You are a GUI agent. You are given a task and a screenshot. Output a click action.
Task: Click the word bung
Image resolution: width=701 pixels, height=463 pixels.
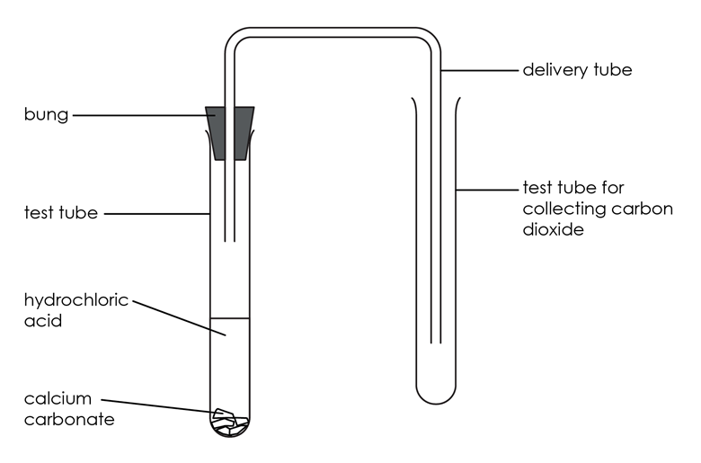tap(46, 115)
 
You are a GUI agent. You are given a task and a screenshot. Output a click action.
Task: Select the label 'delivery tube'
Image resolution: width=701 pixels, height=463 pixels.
tap(577, 70)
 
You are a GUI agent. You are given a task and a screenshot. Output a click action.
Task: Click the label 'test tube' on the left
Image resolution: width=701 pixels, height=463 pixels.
tap(61, 213)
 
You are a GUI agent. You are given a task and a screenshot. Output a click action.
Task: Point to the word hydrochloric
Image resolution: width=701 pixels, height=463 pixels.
tap(76, 300)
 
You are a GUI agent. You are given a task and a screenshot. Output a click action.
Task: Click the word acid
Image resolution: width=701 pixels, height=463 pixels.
tap(43, 321)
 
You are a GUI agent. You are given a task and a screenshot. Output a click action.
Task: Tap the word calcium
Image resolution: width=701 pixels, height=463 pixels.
tap(58, 398)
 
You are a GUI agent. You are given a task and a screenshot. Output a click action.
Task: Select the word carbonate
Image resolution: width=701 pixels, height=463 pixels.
tap(69, 420)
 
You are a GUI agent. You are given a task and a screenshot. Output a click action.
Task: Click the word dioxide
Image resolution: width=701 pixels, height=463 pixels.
tap(553, 229)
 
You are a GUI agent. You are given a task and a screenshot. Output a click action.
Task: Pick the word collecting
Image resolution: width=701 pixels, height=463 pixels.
tap(563, 209)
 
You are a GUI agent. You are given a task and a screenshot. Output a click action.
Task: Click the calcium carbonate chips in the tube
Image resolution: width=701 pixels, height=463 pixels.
tap(230, 422)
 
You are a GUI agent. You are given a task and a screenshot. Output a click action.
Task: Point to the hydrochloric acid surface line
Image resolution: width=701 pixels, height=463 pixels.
tap(230, 318)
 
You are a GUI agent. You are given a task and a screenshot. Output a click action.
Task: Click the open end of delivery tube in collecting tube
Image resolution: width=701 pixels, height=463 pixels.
tap(436, 343)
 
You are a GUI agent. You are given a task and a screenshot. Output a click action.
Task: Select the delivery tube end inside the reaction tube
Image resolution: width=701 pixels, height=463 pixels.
tap(230, 242)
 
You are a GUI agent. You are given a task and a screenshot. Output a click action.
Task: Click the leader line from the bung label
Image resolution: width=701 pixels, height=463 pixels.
tap(144, 115)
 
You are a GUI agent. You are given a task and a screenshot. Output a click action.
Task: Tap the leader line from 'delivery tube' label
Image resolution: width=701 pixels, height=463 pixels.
tap(480, 70)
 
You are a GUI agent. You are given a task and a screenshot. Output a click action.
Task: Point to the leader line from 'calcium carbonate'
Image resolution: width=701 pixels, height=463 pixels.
tap(159, 406)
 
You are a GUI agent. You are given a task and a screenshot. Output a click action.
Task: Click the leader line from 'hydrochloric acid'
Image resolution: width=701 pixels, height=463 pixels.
tap(179, 318)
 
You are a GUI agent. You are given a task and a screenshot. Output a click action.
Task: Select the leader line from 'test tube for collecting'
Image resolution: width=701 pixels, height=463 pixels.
tap(487, 190)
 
